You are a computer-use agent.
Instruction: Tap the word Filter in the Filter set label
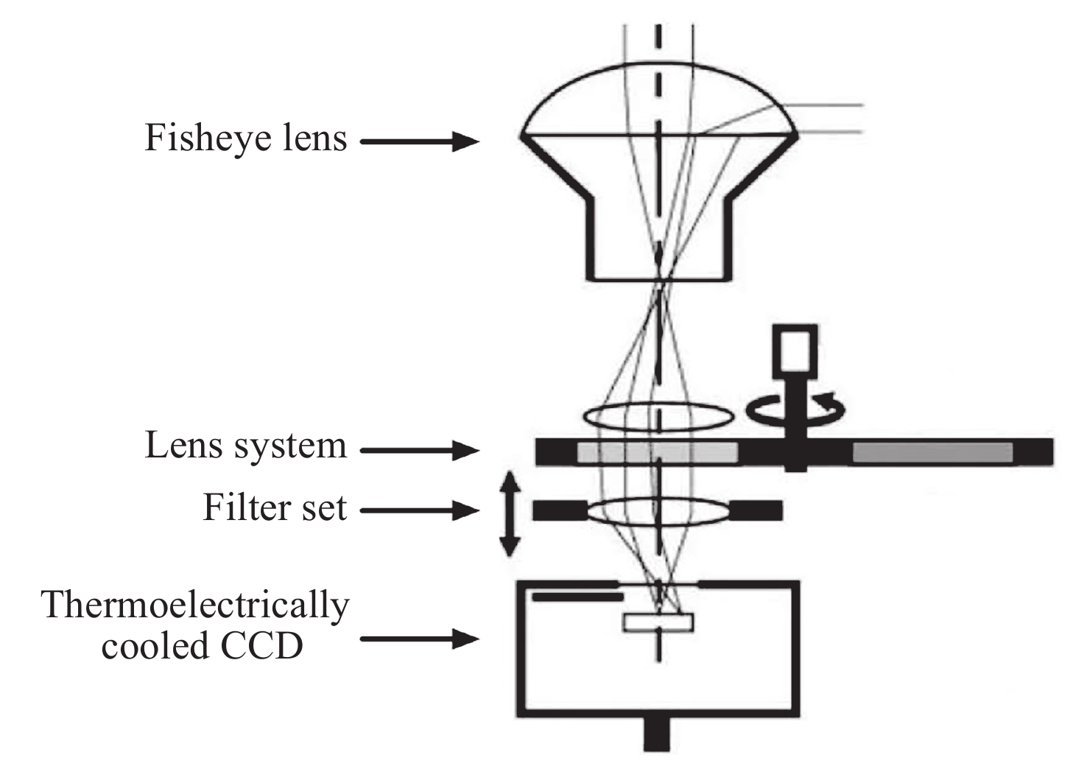[x=240, y=508]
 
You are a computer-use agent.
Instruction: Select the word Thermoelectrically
[x=195, y=606]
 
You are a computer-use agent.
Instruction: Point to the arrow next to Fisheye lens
[x=420, y=141]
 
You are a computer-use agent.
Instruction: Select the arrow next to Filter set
[x=420, y=510]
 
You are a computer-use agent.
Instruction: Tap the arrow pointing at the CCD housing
[x=420, y=639]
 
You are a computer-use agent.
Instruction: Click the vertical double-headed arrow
[x=510, y=513]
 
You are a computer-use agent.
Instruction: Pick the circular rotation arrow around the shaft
[x=795, y=409]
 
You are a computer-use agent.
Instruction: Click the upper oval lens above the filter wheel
[x=658, y=416]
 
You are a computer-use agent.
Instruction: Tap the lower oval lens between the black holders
[x=658, y=510]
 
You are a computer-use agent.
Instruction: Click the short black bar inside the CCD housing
[x=577, y=597]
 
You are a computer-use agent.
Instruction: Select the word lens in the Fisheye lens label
[x=311, y=138]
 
